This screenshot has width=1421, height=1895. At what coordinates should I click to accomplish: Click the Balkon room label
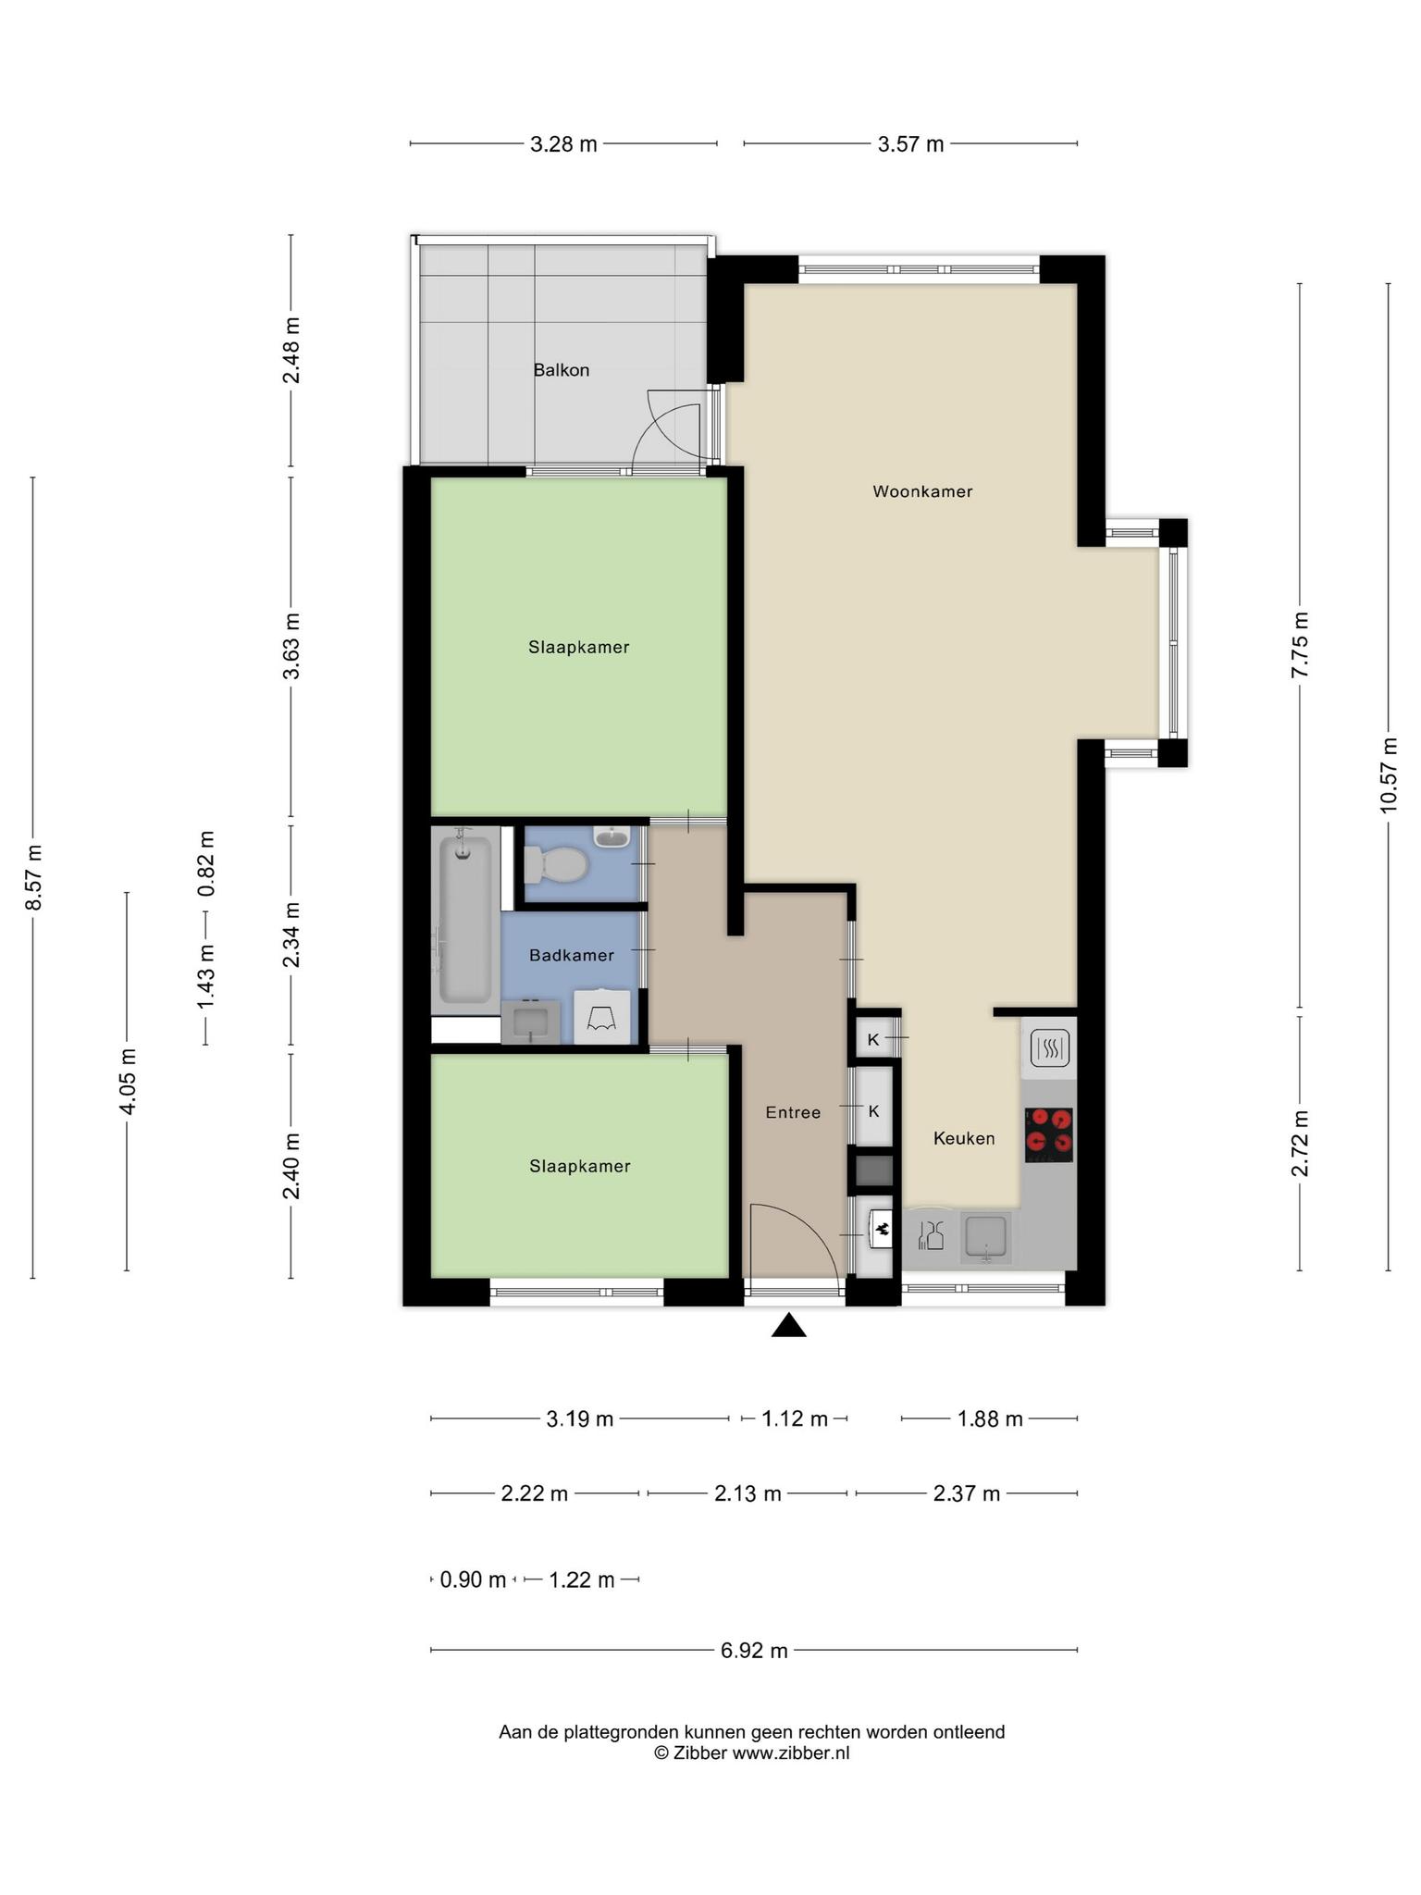point(561,370)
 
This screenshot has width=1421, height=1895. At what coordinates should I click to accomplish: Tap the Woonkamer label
point(922,491)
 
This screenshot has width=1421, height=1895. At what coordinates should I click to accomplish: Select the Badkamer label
point(572,955)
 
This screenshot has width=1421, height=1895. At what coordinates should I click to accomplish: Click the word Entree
point(793,1112)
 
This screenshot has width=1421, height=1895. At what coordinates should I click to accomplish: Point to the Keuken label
point(964,1138)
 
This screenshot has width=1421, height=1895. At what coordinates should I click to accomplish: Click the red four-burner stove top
point(1049,1135)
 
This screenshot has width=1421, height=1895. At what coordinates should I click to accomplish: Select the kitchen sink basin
point(986,1237)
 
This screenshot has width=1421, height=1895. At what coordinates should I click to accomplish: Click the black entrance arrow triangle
point(789,1326)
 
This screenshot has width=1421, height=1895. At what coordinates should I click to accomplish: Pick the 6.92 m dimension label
point(754,1650)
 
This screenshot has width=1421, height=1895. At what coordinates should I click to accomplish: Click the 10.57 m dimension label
point(1388,775)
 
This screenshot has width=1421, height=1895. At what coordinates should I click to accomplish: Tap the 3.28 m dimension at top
point(563,144)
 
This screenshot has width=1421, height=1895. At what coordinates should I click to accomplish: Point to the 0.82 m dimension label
point(205,862)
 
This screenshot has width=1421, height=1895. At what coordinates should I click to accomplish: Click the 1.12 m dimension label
point(795,1418)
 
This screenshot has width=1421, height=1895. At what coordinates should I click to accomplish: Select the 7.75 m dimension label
point(1300,645)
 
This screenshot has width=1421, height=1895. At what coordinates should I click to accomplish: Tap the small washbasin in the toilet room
point(612,837)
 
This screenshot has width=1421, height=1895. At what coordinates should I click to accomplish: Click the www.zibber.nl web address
point(791,1753)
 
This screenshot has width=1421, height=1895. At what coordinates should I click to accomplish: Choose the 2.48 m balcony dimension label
point(291,351)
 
